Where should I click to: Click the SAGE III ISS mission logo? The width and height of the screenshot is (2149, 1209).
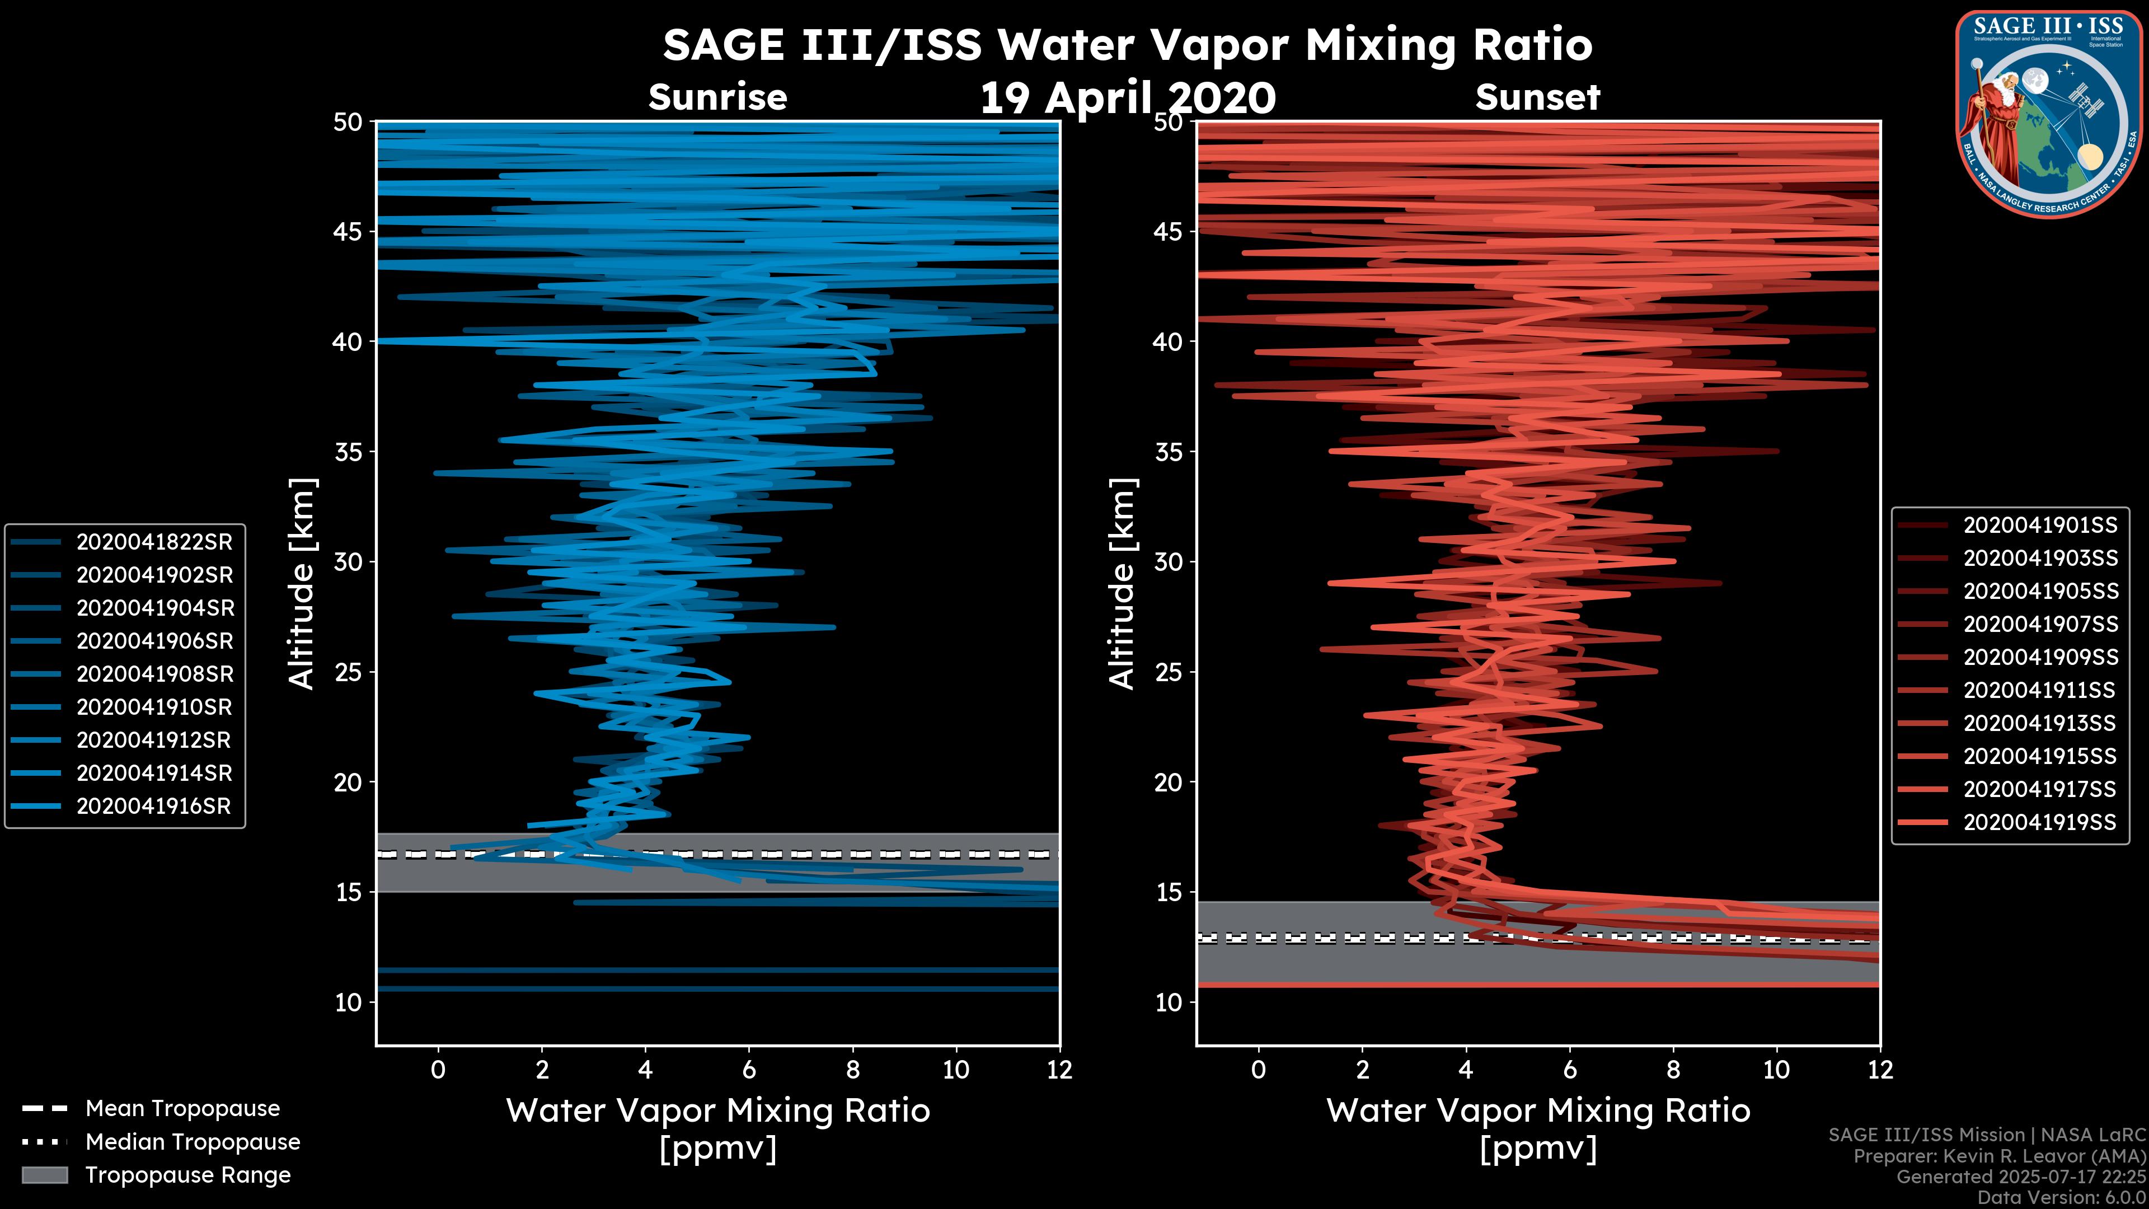(x=2051, y=114)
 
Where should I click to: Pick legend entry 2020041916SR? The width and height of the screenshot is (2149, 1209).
(x=153, y=807)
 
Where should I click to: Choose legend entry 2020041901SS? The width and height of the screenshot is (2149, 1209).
(x=2040, y=525)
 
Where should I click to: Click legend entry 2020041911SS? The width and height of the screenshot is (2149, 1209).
(x=2040, y=690)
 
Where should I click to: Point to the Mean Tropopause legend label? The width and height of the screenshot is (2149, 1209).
(x=182, y=1108)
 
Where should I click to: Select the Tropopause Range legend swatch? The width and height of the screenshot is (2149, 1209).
(x=44, y=1175)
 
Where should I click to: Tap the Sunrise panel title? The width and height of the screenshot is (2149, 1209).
(x=717, y=97)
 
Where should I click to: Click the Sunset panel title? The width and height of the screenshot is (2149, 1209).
(x=1537, y=97)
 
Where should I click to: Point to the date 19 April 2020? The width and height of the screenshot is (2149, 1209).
(x=1127, y=99)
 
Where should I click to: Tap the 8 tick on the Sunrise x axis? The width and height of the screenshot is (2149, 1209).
(x=852, y=1070)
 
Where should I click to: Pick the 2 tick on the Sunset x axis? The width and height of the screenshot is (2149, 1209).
(x=1362, y=1070)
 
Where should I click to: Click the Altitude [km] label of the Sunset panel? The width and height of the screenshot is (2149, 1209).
(x=1122, y=584)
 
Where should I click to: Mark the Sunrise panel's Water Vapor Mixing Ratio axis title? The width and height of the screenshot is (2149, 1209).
(x=717, y=1110)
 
